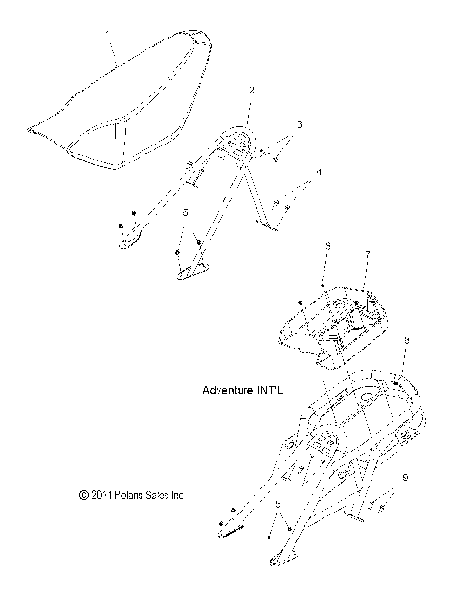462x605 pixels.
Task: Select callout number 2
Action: [252, 91]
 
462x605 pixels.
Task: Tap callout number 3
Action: [299, 125]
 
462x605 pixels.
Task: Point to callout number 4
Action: [319, 172]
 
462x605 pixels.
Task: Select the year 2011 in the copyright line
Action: [101, 495]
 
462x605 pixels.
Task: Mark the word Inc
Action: [179, 495]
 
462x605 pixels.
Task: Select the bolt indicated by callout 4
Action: [279, 204]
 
